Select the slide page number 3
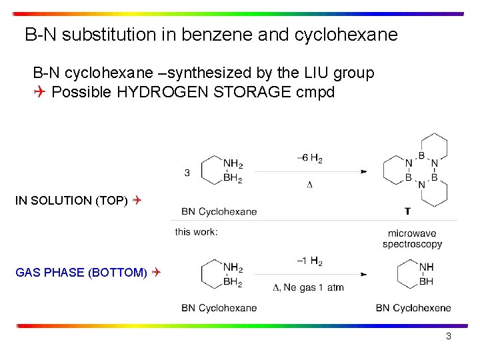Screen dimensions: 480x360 [449, 337]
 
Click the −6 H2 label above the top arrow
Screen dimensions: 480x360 [309, 159]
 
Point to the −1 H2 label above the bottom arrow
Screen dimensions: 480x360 [309, 262]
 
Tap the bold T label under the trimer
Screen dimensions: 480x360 [407, 211]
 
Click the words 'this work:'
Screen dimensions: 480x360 [196, 232]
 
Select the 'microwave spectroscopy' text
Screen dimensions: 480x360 [412, 239]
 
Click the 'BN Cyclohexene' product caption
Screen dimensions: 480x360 [413, 308]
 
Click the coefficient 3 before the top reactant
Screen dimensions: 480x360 [187, 173]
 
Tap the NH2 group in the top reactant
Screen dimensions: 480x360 [233, 164]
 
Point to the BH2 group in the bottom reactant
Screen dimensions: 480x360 [233, 282]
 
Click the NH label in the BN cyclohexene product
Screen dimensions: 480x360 [426, 267]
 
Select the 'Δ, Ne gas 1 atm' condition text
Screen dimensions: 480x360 [309, 287]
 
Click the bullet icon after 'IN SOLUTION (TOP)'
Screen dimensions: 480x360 [136, 200]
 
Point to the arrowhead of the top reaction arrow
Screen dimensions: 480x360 [363, 171]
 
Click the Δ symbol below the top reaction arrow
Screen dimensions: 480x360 [309, 185]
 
